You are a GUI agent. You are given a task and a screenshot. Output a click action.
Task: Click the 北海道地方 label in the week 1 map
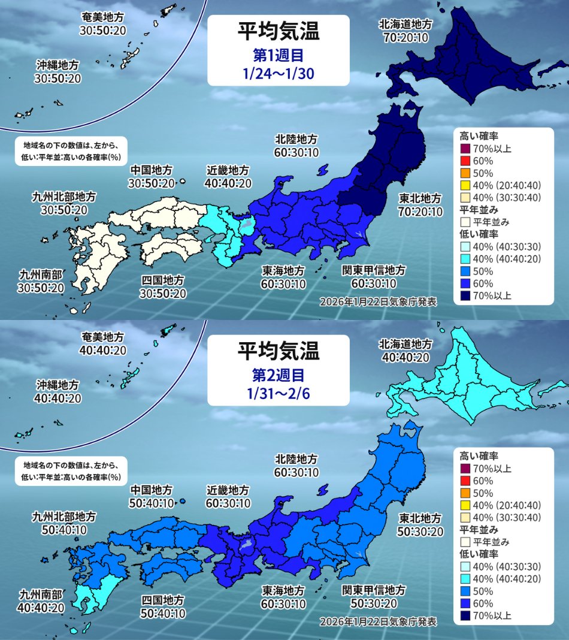(x=405, y=25)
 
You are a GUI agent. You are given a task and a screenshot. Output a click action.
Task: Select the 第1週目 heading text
(x=279, y=56)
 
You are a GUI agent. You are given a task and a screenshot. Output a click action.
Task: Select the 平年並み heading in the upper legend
(x=476, y=210)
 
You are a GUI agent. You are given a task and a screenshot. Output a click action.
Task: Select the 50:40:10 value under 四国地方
(x=163, y=614)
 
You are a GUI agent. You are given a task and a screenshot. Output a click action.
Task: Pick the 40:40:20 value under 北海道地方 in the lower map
(x=405, y=358)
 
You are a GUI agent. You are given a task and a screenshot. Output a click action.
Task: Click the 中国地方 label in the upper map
(x=152, y=170)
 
